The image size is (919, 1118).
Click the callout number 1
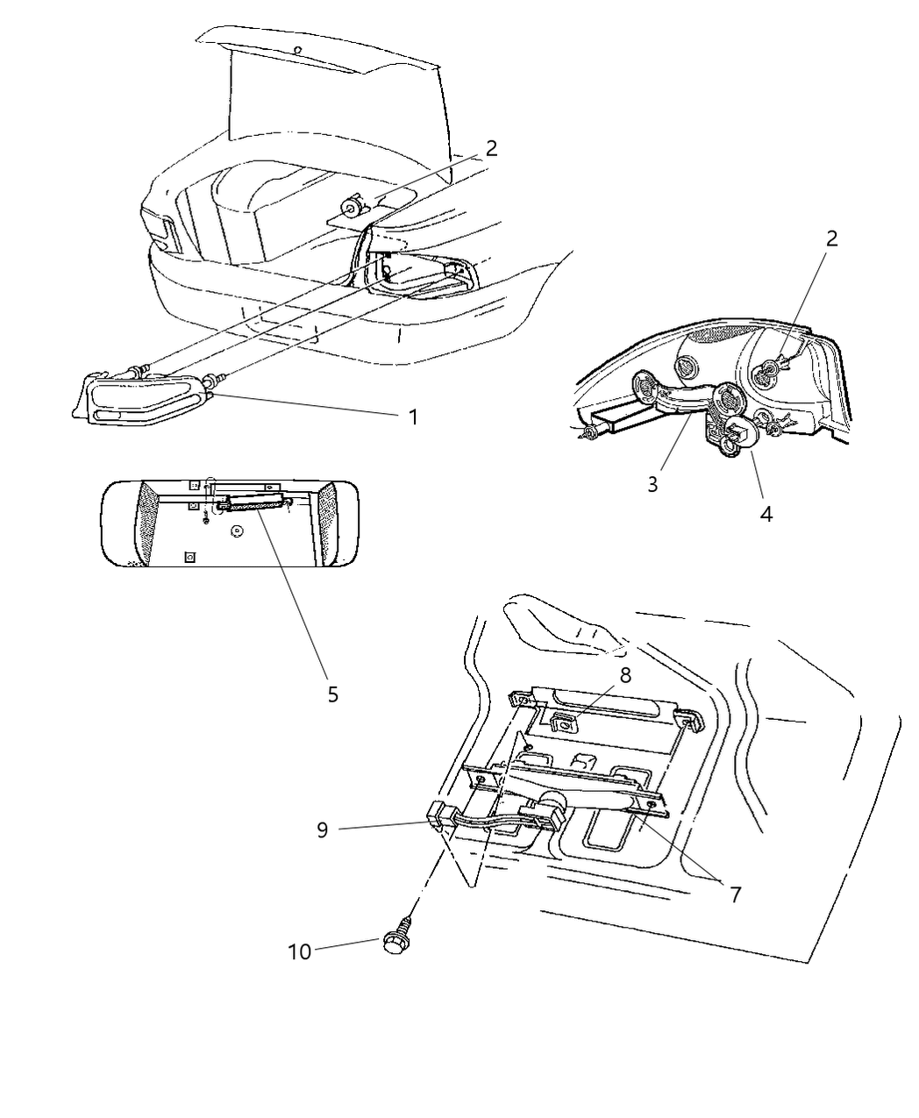click(x=413, y=417)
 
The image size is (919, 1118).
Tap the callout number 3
click(x=652, y=484)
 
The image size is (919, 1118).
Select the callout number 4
click(x=766, y=514)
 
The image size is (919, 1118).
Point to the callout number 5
click(x=332, y=694)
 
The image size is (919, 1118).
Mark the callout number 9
click(x=323, y=830)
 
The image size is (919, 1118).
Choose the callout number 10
click(x=299, y=951)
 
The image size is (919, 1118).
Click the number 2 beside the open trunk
click(x=491, y=147)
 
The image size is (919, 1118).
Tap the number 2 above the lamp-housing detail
click(x=831, y=238)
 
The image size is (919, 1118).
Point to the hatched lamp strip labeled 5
click(x=256, y=503)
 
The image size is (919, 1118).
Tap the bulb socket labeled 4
click(x=737, y=433)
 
